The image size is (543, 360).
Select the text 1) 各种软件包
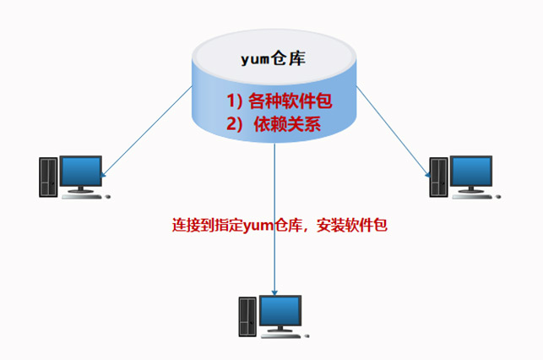tap(278, 101)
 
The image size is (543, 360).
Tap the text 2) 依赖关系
tap(278, 124)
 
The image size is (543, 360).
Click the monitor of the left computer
tap(82, 172)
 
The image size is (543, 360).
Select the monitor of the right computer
tap(473, 172)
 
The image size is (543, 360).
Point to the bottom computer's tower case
tap(247, 317)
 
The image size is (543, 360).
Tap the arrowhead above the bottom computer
tap(275, 286)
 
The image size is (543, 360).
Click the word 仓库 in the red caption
tap(290, 226)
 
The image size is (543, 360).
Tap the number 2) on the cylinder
tap(234, 124)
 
